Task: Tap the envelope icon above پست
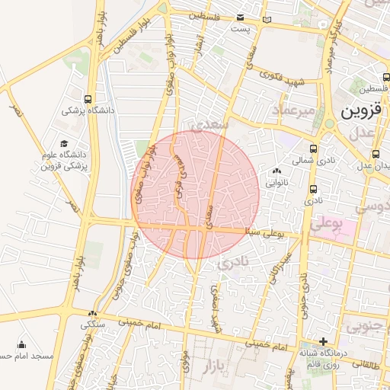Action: point(241,17)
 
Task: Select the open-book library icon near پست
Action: point(266,19)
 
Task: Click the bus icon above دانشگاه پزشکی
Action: point(89,99)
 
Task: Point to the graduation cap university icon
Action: point(64,143)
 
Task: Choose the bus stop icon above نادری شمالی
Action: point(314,149)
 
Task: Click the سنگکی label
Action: point(93,324)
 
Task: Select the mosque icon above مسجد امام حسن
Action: point(21,344)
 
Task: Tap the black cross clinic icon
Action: point(324,341)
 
